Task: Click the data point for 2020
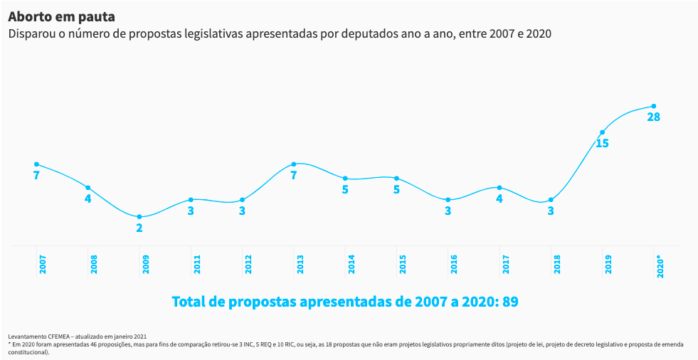click(653, 106)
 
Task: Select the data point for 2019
click(602, 132)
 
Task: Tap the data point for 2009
click(139, 217)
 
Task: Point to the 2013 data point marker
click(294, 164)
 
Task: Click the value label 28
click(653, 117)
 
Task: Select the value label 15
click(602, 144)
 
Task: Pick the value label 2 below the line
click(139, 228)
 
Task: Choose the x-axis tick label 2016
click(454, 264)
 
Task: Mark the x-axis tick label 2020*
click(660, 265)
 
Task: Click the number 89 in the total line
click(510, 302)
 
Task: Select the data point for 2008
click(88, 188)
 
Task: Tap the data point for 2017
click(499, 188)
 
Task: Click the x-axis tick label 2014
click(351, 264)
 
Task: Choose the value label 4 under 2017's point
click(499, 199)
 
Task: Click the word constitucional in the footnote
click(28, 351)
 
